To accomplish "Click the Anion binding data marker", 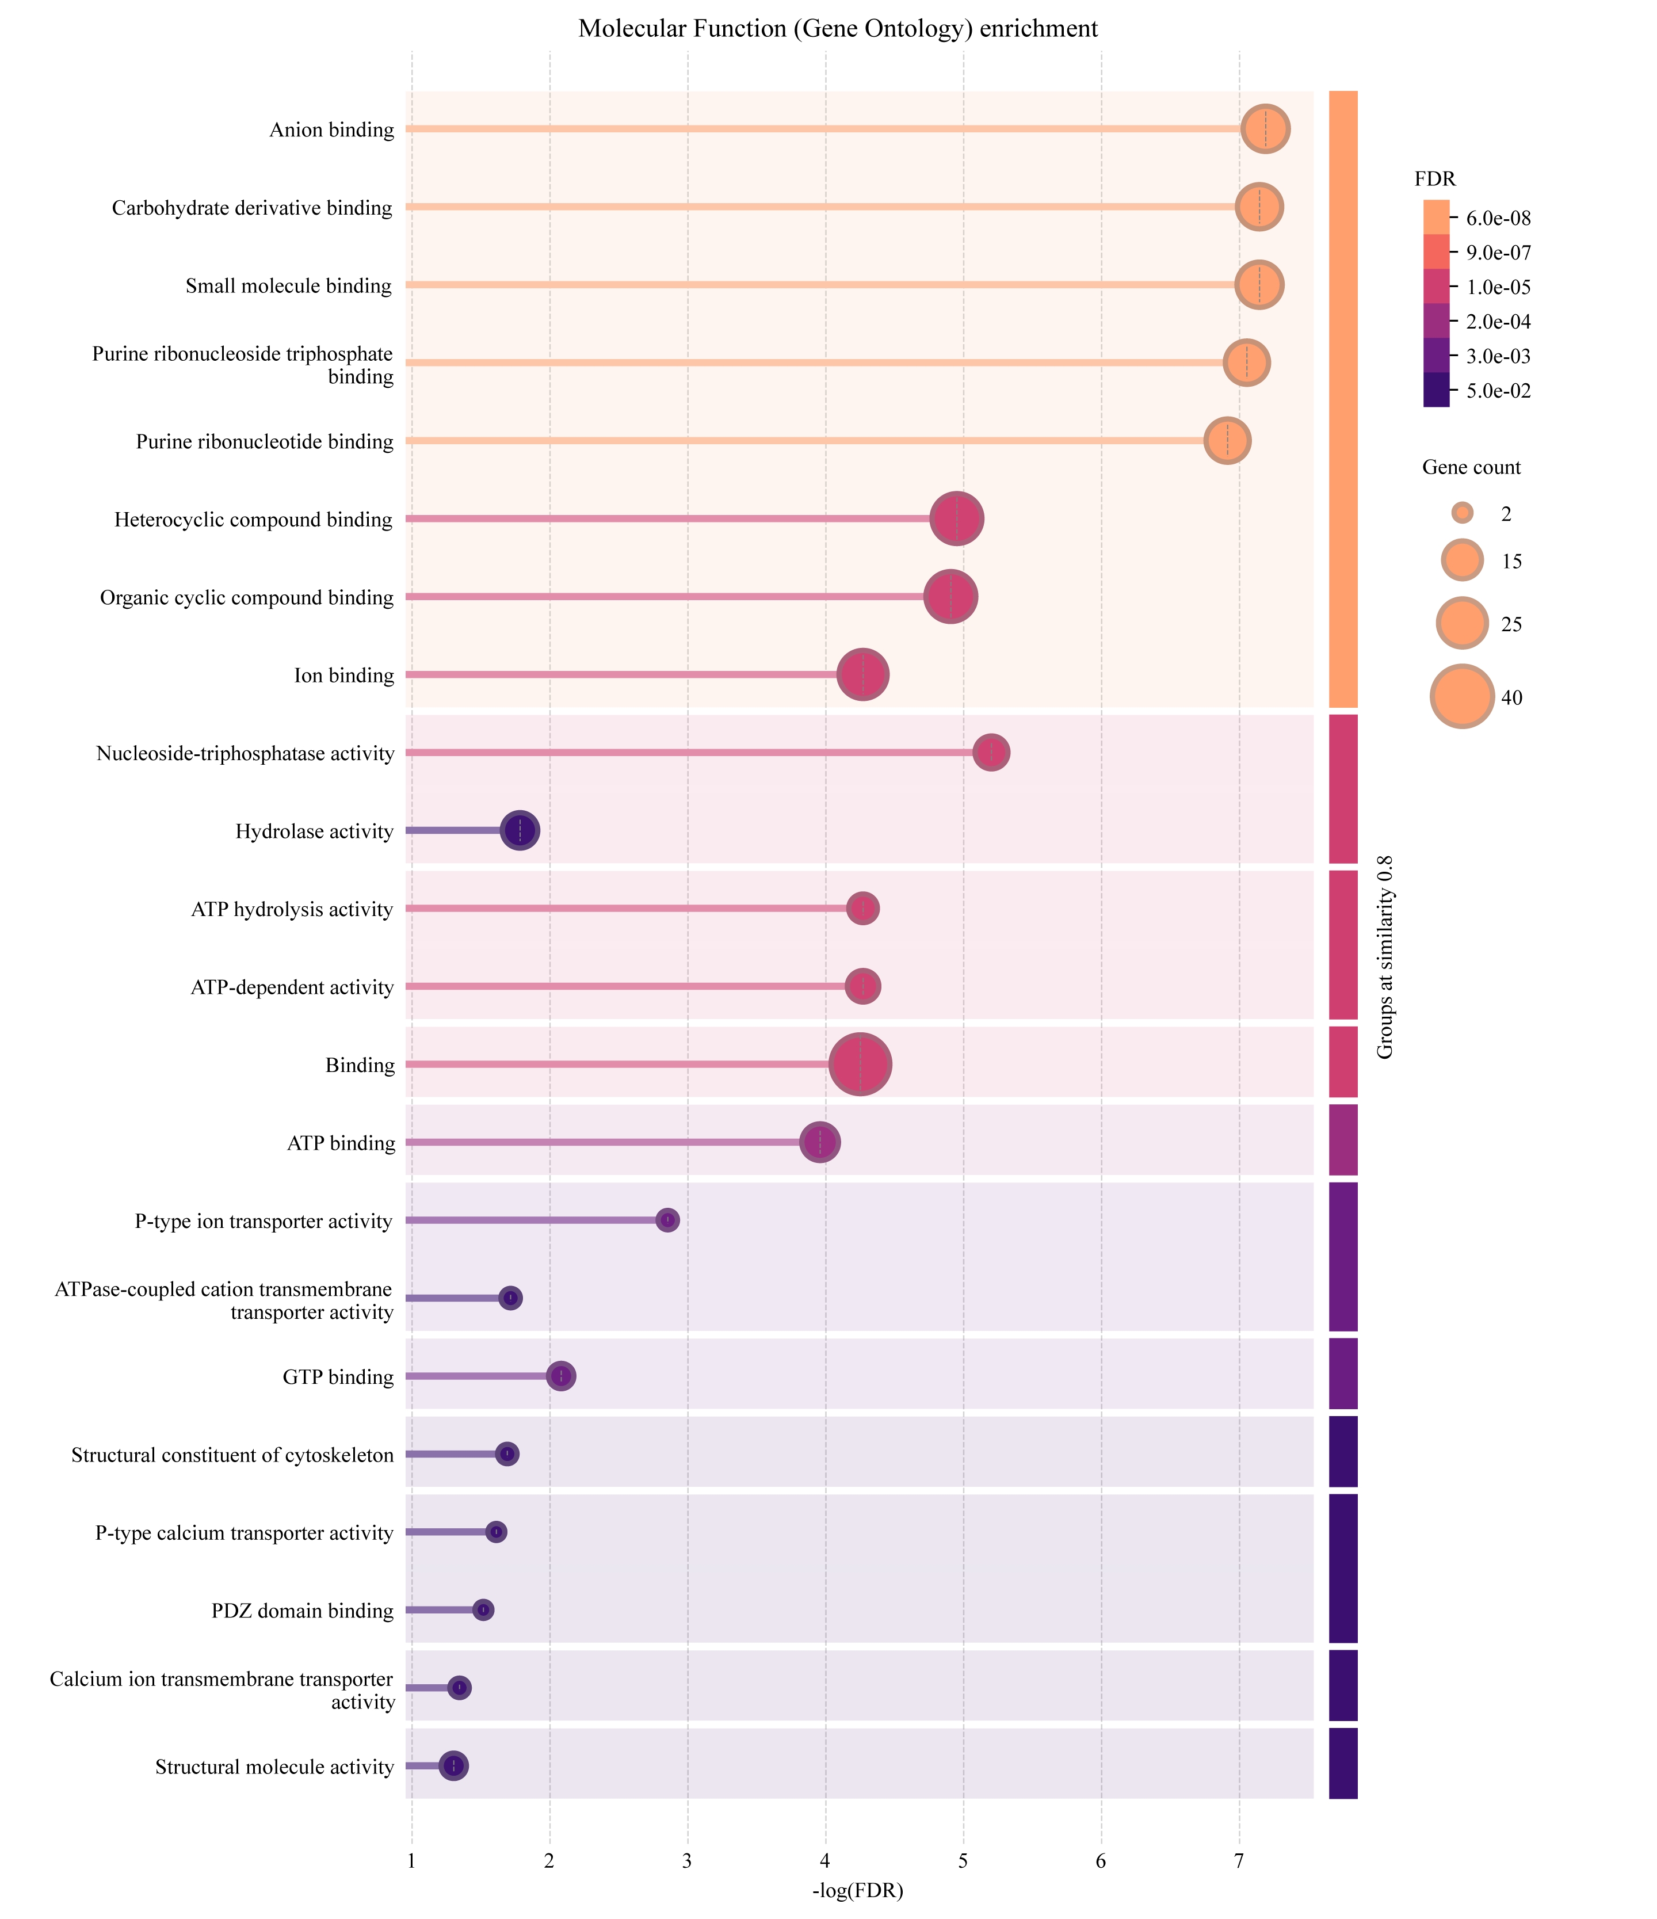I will tap(1265, 129).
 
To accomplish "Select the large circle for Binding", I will tap(861, 1065).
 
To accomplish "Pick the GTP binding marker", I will tap(562, 1376).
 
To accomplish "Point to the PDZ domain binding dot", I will tap(483, 1611).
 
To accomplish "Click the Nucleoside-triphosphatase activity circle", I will tap(992, 753).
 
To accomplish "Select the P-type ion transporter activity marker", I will tap(668, 1220).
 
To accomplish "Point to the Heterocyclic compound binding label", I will tap(254, 520).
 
